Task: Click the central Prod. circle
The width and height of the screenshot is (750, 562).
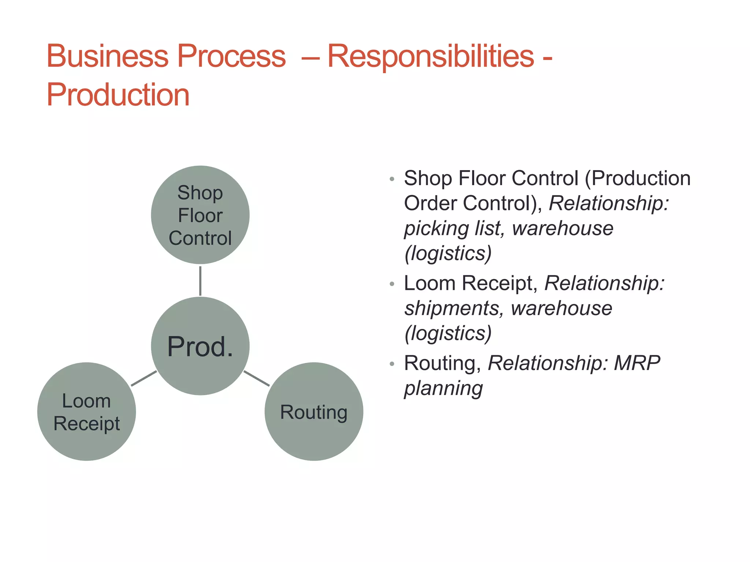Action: [x=200, y=346]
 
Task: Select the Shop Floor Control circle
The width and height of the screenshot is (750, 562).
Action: [x=200, y=215]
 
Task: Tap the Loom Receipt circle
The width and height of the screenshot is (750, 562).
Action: [x=86, y=412]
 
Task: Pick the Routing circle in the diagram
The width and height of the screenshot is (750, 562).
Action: [x=314, y=412]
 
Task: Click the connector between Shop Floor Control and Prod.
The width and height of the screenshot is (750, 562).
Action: [x=200, y=281]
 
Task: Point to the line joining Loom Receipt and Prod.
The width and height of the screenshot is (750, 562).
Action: [x=144, y=378]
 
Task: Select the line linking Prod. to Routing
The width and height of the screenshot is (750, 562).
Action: [x=256, y=378]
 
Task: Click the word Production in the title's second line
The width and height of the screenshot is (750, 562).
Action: [x=118, y=95]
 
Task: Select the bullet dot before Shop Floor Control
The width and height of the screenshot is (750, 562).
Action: [x=392, y=179]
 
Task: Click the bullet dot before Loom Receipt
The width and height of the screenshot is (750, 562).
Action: [x=392, y=284]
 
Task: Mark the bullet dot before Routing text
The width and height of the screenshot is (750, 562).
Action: [x=392, y=364]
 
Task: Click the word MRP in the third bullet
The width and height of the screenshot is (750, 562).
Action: [x=636, y=363]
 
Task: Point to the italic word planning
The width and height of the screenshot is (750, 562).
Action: [x=443, y=389]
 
